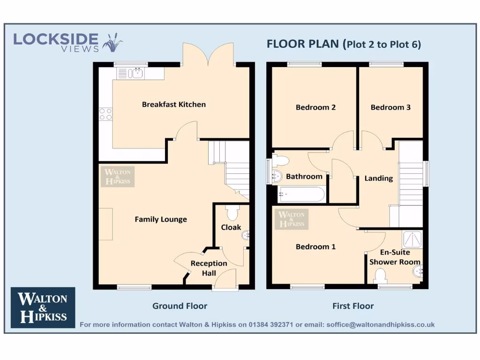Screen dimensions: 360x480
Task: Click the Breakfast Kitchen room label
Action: [173, 105]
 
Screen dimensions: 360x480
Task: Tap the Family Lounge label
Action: [161, 219]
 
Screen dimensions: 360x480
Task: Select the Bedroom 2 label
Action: [315, 107]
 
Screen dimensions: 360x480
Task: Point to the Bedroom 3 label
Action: [390, 107]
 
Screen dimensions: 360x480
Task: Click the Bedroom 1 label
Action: [315, 247]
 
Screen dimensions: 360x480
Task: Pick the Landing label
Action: [379, 178]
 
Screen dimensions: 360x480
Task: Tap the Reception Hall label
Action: [209, 268]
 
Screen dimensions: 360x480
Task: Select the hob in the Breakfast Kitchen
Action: [106, 114]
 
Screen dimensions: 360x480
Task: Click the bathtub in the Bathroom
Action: [301, 194]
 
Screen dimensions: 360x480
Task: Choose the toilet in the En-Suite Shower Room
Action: [381, 275]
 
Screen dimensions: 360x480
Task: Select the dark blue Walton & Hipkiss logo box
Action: [43, 307]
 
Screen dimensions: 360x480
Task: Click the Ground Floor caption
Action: [180, 306]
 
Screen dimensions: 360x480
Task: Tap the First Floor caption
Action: [353, 306]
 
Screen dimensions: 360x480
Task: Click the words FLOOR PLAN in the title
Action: [303, 44]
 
